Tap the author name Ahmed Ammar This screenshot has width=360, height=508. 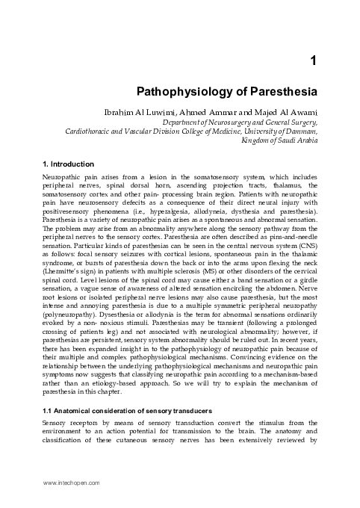[233, 113]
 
